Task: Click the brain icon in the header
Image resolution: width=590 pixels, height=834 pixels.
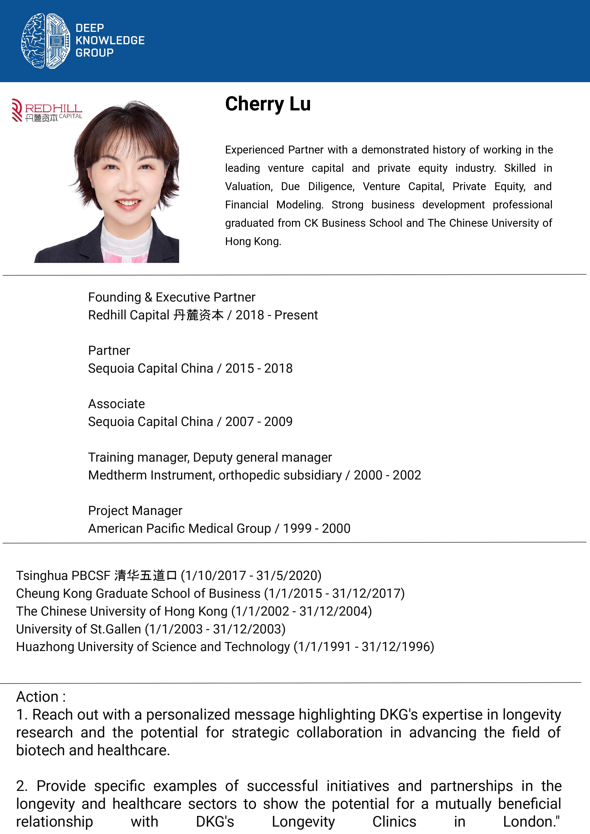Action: (46, 41)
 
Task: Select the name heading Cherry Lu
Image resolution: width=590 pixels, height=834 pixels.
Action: (268, 104)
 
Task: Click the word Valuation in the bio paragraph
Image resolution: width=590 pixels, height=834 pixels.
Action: (249, 186)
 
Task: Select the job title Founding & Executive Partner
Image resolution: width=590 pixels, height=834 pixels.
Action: (172, 297)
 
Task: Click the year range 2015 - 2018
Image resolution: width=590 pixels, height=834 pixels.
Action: (259, 369)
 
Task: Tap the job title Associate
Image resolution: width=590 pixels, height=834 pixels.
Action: (116, 404)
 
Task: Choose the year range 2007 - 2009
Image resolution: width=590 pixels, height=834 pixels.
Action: (259, 422)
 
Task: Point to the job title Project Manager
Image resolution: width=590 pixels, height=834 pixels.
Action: (135, 511)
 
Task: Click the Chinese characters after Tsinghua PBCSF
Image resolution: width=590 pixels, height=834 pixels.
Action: (145, 576)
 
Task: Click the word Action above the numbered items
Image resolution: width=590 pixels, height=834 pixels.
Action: (37, 697)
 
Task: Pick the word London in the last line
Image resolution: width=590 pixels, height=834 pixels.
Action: (529, 822)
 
